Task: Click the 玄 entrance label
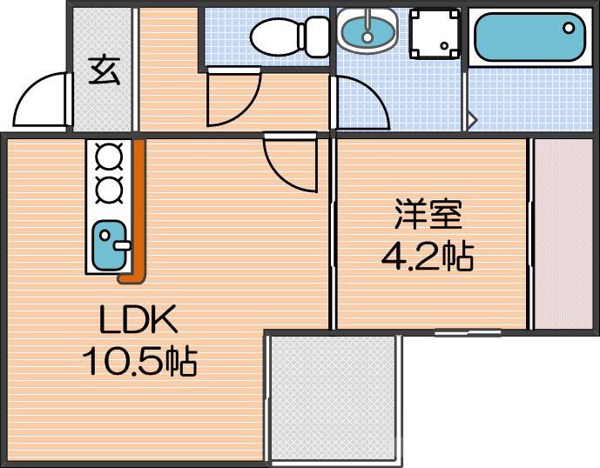pyautogui.click(x=104, y=70)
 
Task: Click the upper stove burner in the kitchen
pyautogui.click(x=110, y=157)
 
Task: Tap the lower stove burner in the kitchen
pyautogui.click(x=110, y=188)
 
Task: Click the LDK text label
pyautogui.click(x=138, y=322)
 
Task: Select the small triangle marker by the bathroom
pyautogui.click(x=472, y=119)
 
